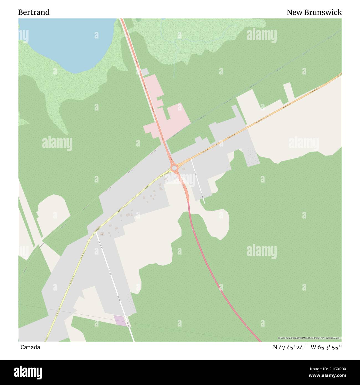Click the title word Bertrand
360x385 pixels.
click(34, 12)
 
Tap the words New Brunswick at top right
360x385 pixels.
click(314, 12)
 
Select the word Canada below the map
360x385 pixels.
click(30, 347)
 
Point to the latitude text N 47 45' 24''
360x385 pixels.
click(289, 347)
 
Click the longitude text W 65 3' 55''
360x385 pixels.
click(326, 347)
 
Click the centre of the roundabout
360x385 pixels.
click(174, 168)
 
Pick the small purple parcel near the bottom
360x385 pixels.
click(120, 320)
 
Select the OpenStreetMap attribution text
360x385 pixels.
click(310, 338)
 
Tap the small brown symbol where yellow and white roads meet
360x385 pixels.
click(101, 234)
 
